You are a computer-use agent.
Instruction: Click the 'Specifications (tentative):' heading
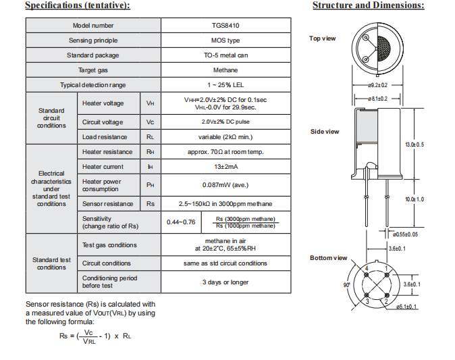pos(78,6)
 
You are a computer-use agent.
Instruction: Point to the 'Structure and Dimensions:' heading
pos(368,6)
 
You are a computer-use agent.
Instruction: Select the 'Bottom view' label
pos(328,258)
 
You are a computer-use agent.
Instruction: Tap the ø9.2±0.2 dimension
pos(377,86)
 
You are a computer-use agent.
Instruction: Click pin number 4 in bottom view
pos(367,269)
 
